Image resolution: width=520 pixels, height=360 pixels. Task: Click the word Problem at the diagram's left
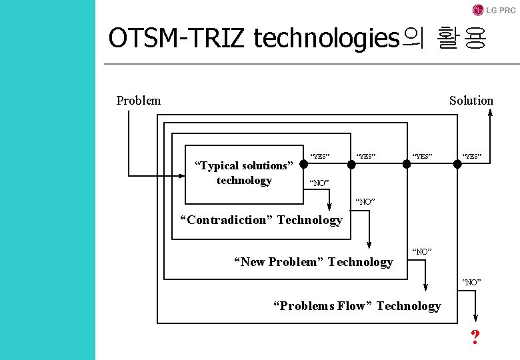coord(138,101)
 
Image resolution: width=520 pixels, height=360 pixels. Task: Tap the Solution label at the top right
coord(471,101)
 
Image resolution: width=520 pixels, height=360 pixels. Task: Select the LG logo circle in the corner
coord(477,10)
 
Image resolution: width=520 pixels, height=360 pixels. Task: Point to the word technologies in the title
coord(325,39)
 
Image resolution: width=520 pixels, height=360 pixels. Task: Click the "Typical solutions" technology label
coord(243,173)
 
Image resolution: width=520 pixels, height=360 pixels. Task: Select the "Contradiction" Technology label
coord(262,220)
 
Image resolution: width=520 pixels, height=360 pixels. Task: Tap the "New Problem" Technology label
coord(313,262)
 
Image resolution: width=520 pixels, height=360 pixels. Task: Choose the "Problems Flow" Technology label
coord(357,306)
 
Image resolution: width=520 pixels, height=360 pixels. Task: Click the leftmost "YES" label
coord(320,157)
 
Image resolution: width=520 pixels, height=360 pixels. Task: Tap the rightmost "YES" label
coord(472,157)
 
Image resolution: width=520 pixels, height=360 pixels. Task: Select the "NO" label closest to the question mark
coord(471,282)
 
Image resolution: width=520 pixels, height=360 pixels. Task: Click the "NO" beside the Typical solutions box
coord(319,182)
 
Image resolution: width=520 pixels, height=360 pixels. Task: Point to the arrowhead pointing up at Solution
coord(490,113)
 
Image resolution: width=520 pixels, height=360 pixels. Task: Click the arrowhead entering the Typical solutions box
coord(181,176)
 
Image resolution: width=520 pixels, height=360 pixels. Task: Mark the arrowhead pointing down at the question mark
coord(475,319)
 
